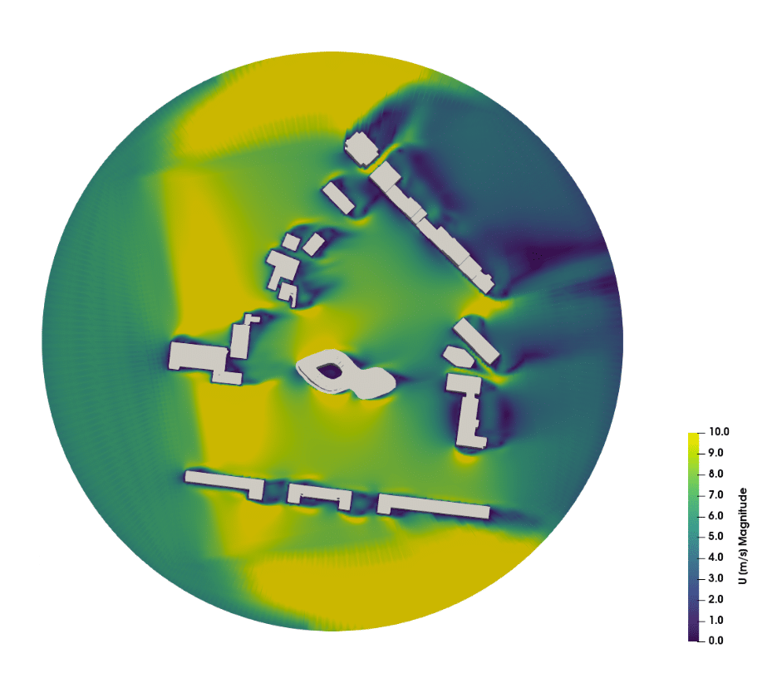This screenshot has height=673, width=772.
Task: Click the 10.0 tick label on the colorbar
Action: tap(719, 432)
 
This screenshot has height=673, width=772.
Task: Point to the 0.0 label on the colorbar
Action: tap(715, 641)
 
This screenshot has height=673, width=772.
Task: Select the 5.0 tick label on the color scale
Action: tap(715, 536)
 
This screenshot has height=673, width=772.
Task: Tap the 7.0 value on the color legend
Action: tap(715, 494)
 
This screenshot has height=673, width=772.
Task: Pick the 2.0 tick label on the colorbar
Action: tap(715, 599)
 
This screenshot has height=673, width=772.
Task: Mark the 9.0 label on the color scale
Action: tap(715, 453)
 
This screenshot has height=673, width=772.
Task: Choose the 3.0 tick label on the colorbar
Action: tap(715, 578)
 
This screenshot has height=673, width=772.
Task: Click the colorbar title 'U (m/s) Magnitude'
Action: tap(743, 536)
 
